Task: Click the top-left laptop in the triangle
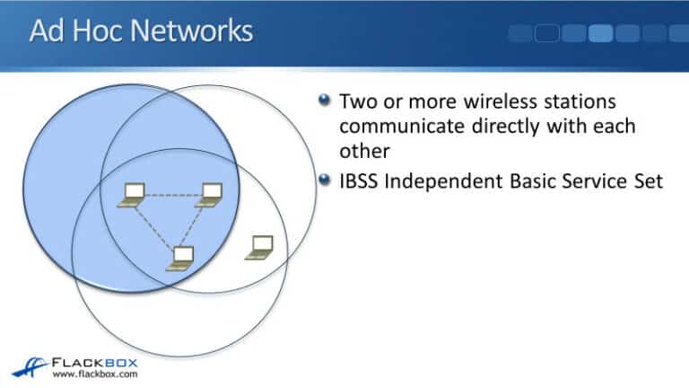[133, 193]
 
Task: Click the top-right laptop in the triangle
[211, 193]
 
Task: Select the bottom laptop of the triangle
[182, 258]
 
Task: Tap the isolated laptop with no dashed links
[259, 247]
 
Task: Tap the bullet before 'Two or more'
[325, 100]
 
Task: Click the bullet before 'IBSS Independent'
[325, 180]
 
